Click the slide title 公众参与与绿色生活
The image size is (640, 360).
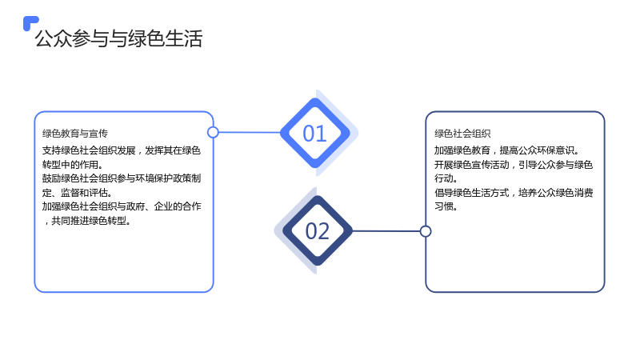coord(118,38)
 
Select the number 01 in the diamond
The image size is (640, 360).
coord(314,134)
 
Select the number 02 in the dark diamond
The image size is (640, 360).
coord(317,231)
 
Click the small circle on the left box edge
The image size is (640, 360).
coord(213,132)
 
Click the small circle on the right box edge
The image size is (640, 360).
coord(426,231)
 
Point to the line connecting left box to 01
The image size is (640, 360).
coord(250,132)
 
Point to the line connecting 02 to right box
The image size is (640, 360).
coord(386,231)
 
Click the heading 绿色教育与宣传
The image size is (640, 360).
coord(75,134)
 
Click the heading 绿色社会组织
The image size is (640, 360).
coord(462,134)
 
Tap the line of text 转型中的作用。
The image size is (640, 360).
coord(72,165)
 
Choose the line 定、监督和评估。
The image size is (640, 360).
coord(77,192)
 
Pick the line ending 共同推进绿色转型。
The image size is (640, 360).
coord(87,221)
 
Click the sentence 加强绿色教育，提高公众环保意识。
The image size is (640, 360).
coord(506,150)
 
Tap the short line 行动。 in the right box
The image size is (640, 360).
coord(446,178)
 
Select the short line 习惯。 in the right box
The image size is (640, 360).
coord(446,206)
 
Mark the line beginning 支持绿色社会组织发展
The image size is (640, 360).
coord(122,150)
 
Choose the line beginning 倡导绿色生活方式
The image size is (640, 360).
coord(514,192)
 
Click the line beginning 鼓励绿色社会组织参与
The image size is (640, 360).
coord(122,178)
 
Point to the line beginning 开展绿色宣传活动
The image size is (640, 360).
coord(514,165)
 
